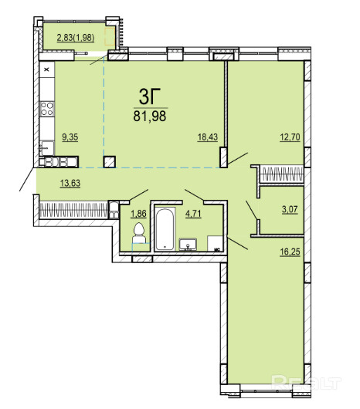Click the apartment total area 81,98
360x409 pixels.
(150, 116)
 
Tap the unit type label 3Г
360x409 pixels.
(149, 96)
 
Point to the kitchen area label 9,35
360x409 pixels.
(70, 137)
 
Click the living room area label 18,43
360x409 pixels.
(208, 137)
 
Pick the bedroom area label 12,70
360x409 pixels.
(290, 137)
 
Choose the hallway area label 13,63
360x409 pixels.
(70, 183)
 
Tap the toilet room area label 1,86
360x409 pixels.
(138, 214)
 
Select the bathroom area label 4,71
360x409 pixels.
(193, 214)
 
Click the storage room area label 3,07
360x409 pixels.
(290, 209)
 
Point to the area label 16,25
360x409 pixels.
(290, 252)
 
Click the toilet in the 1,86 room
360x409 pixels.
(138, 233)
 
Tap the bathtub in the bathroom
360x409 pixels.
(165, 229)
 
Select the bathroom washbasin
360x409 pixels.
(188, 245)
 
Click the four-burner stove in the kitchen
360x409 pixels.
(47, 109)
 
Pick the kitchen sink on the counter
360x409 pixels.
(46, 148)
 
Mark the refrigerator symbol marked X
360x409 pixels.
(47, 69)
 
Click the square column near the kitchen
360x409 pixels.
(110, 162)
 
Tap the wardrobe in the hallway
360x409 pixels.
(73, 210)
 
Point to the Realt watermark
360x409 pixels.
(306, 383)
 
